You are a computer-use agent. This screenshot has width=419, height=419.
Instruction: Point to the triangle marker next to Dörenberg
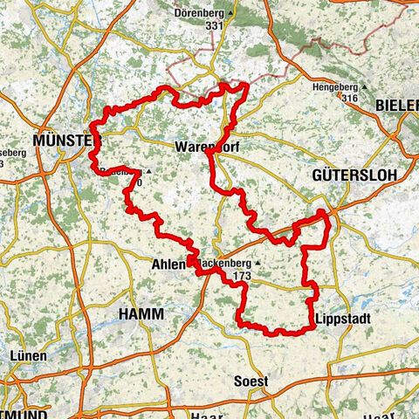click(230, 14)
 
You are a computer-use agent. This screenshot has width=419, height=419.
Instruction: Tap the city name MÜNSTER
click(65, 141)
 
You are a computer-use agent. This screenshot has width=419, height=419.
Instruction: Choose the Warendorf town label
click(206, 146)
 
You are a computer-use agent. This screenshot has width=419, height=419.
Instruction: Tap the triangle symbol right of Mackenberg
click(257, 263)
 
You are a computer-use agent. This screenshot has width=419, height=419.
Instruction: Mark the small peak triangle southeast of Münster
click(149, 171)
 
